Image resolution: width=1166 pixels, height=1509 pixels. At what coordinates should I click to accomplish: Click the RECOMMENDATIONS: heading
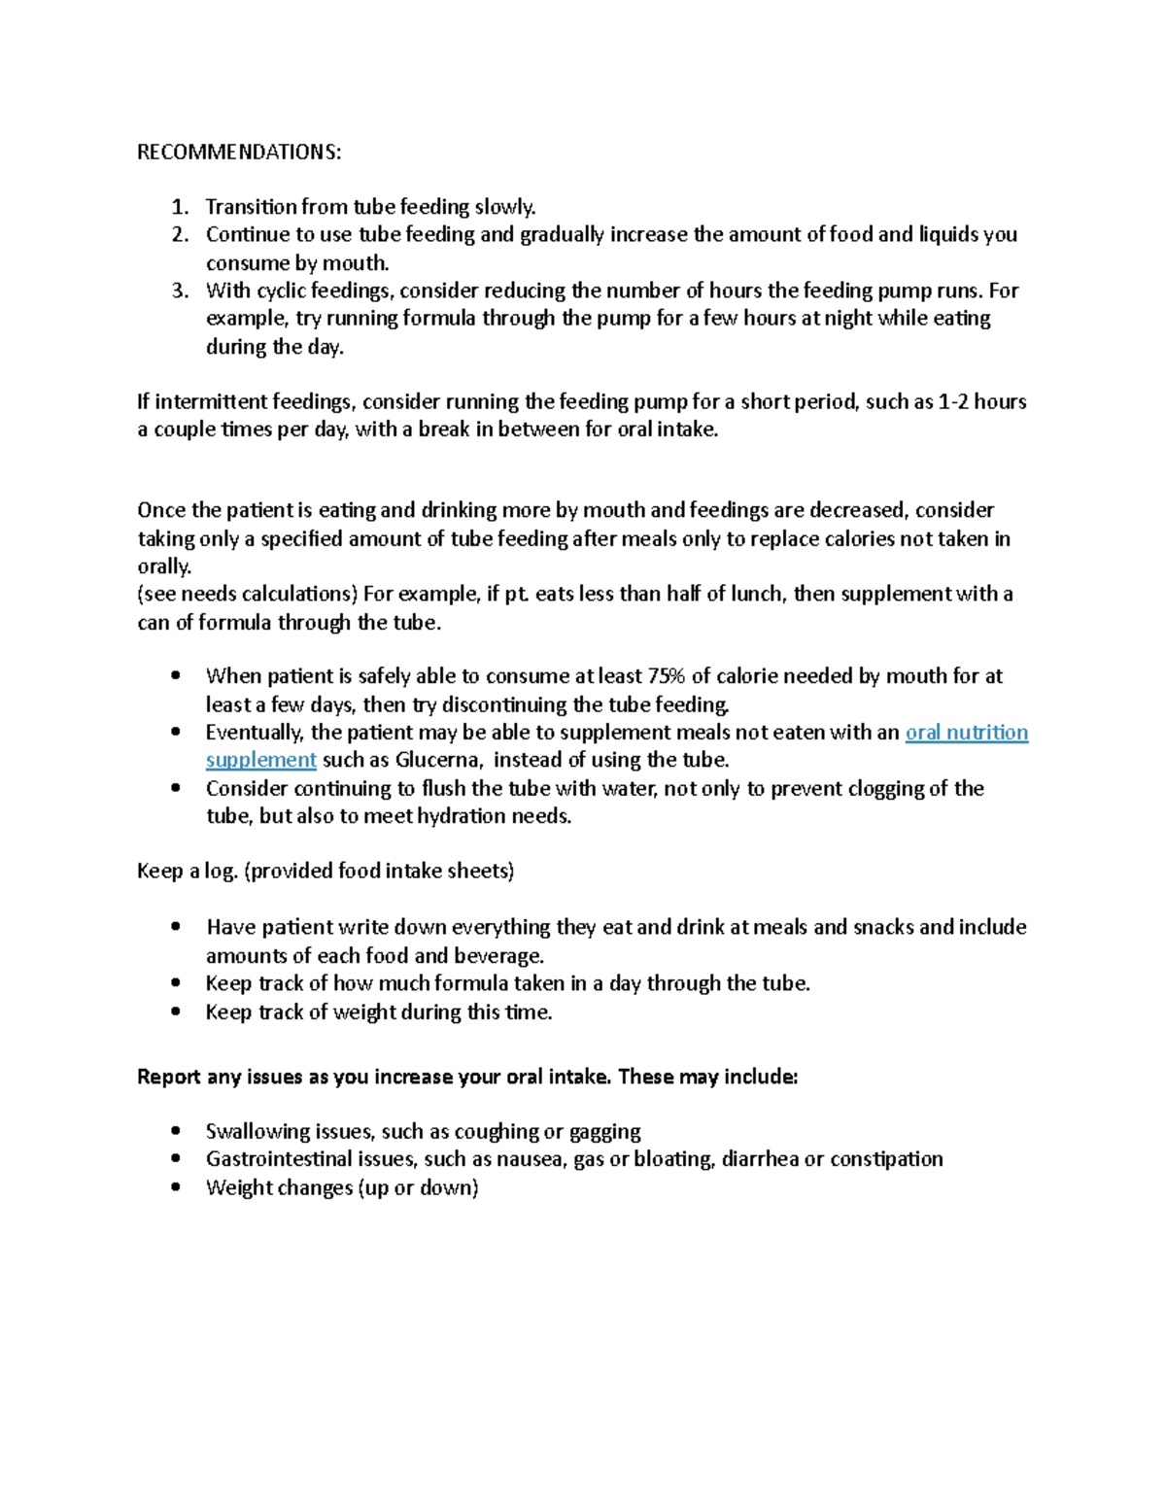tap(239, 153)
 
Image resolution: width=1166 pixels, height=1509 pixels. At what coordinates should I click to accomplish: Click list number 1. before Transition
tap(179, 207)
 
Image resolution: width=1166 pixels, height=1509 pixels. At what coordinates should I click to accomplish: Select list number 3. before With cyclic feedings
tap(179, 291)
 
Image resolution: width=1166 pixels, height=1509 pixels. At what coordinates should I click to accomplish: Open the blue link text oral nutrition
tap(966, 733)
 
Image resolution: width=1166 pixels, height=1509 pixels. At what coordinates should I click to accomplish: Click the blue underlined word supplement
tap(260, 760)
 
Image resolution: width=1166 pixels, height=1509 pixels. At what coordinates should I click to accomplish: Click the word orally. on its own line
tap(163, 566)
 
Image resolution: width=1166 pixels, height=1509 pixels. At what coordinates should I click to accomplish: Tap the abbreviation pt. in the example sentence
tap(517, 594)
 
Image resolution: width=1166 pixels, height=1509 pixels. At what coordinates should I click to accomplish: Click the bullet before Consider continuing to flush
tap(175, 788)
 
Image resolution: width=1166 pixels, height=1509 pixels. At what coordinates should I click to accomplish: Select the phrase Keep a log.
tap(187, 871)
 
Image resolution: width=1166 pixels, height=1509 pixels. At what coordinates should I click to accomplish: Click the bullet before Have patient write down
tap(175, 927)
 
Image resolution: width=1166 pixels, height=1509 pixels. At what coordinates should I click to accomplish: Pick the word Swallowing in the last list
tap(257, 1132)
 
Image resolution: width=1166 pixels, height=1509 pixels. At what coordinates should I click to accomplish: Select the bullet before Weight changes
tap(175, 1187)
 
